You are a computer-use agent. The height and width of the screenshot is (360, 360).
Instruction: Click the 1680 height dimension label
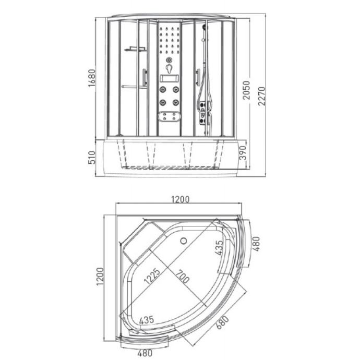pos(92,78)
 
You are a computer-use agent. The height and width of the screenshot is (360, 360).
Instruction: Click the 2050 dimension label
pos(246,90)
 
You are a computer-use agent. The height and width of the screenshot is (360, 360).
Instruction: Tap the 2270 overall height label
pos(262,96)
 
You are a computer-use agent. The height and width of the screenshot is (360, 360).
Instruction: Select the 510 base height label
pos(92,157)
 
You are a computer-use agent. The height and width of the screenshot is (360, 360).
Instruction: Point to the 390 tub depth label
pos(243,153)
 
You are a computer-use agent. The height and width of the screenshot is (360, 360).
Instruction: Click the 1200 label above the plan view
pos(181,199)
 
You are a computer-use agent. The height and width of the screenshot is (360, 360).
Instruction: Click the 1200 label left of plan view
pos(100,277)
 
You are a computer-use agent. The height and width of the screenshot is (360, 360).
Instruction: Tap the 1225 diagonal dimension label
pos(152,276)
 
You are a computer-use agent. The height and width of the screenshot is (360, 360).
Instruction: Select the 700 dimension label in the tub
pos(183,277)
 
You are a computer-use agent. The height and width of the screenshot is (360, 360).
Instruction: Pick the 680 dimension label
pos(223,322)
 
